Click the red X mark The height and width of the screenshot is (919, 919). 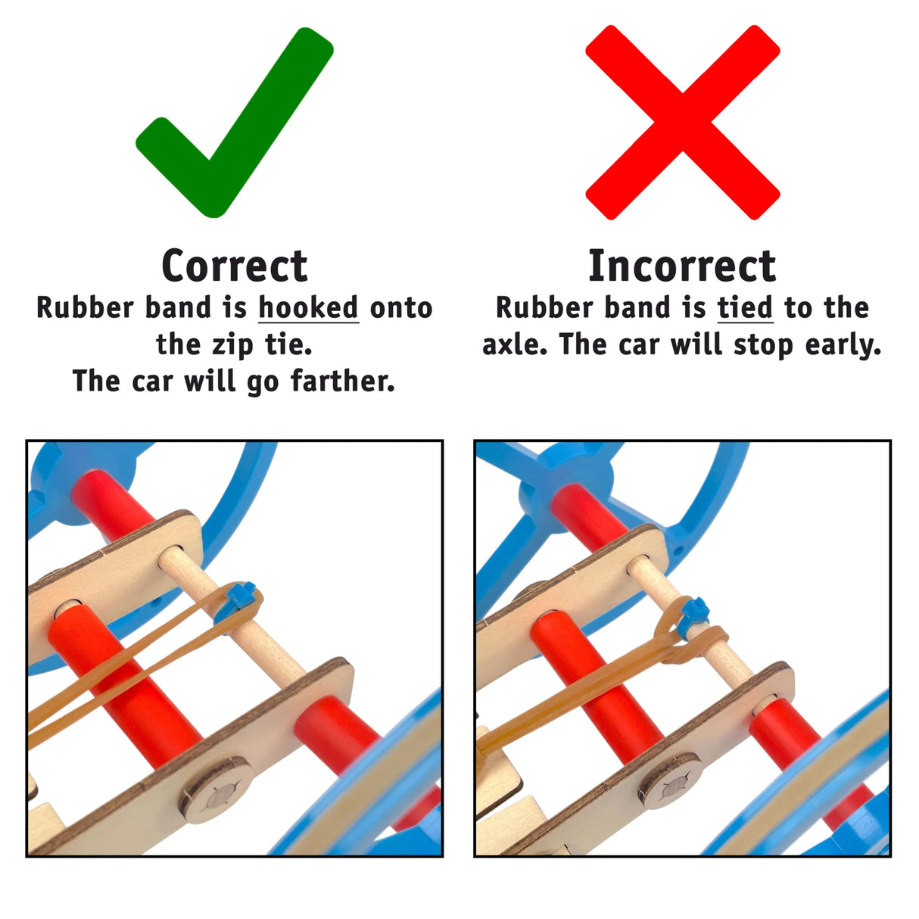pos(682,122)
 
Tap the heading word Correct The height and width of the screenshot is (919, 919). pos(234,266)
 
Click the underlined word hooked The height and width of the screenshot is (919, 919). pos(308,307)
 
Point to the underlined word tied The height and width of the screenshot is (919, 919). pos(745,307)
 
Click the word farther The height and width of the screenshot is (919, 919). pos(342,381)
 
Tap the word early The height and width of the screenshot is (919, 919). pos(843,344)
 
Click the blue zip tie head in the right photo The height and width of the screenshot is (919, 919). pos(695,611)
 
